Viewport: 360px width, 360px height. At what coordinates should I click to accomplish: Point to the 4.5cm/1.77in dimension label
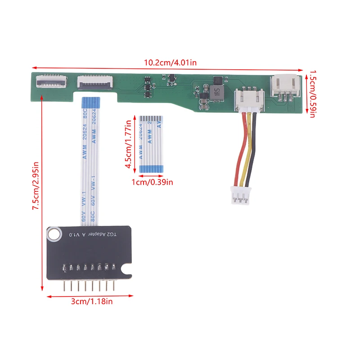pyautogui.click(x=130, y=144)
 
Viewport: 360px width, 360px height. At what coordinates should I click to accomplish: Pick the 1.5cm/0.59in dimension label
pyautogui.click(x=311, y=93)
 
